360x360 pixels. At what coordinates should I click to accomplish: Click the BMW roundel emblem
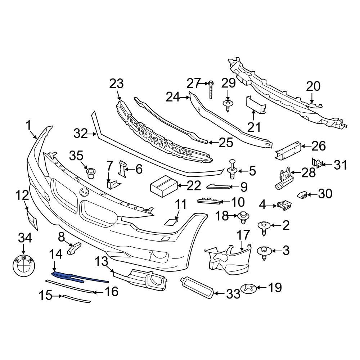(x=23, y=267)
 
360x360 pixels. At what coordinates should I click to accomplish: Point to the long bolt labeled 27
(x=211, y=90)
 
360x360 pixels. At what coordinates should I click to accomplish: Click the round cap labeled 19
(x=251, y=288)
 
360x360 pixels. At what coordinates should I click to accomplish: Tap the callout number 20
(x=313, y=87)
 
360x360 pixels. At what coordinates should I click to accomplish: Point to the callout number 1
(x=28, y=126)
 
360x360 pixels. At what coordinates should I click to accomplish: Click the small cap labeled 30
(x=301, y=195)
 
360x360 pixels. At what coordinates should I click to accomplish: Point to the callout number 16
(x=111, y=291)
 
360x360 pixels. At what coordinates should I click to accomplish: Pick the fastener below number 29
(x=228, y=105)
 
